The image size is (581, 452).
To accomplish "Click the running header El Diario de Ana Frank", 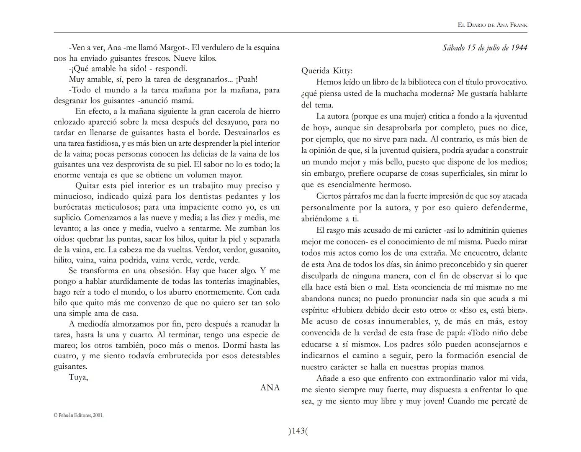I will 492,25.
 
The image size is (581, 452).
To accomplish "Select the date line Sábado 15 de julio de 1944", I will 485,48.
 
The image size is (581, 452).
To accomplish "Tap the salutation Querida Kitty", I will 327,71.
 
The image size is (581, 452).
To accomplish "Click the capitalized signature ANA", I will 270,388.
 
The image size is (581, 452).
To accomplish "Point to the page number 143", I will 298,431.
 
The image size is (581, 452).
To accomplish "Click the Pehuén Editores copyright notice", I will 79,416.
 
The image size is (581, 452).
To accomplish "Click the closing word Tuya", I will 78,377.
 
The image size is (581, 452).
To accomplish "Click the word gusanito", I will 265,250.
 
